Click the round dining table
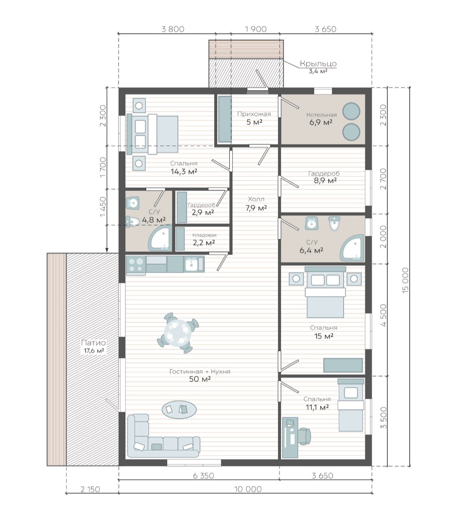pos(178,333)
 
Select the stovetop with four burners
pos(136,265)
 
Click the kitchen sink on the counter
pos(191,264)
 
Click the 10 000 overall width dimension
pos(247,489)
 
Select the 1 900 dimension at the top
pos(256,29)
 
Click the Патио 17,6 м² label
pos(93,347)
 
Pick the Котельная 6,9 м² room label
pos(321,118)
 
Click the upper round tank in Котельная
pos(351,111)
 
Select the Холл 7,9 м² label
pos(256,204)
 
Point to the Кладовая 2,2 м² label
pos(204,239)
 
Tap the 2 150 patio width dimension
pos(90,489)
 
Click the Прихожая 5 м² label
pos(254,118)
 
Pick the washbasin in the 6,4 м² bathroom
pos(312,223)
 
